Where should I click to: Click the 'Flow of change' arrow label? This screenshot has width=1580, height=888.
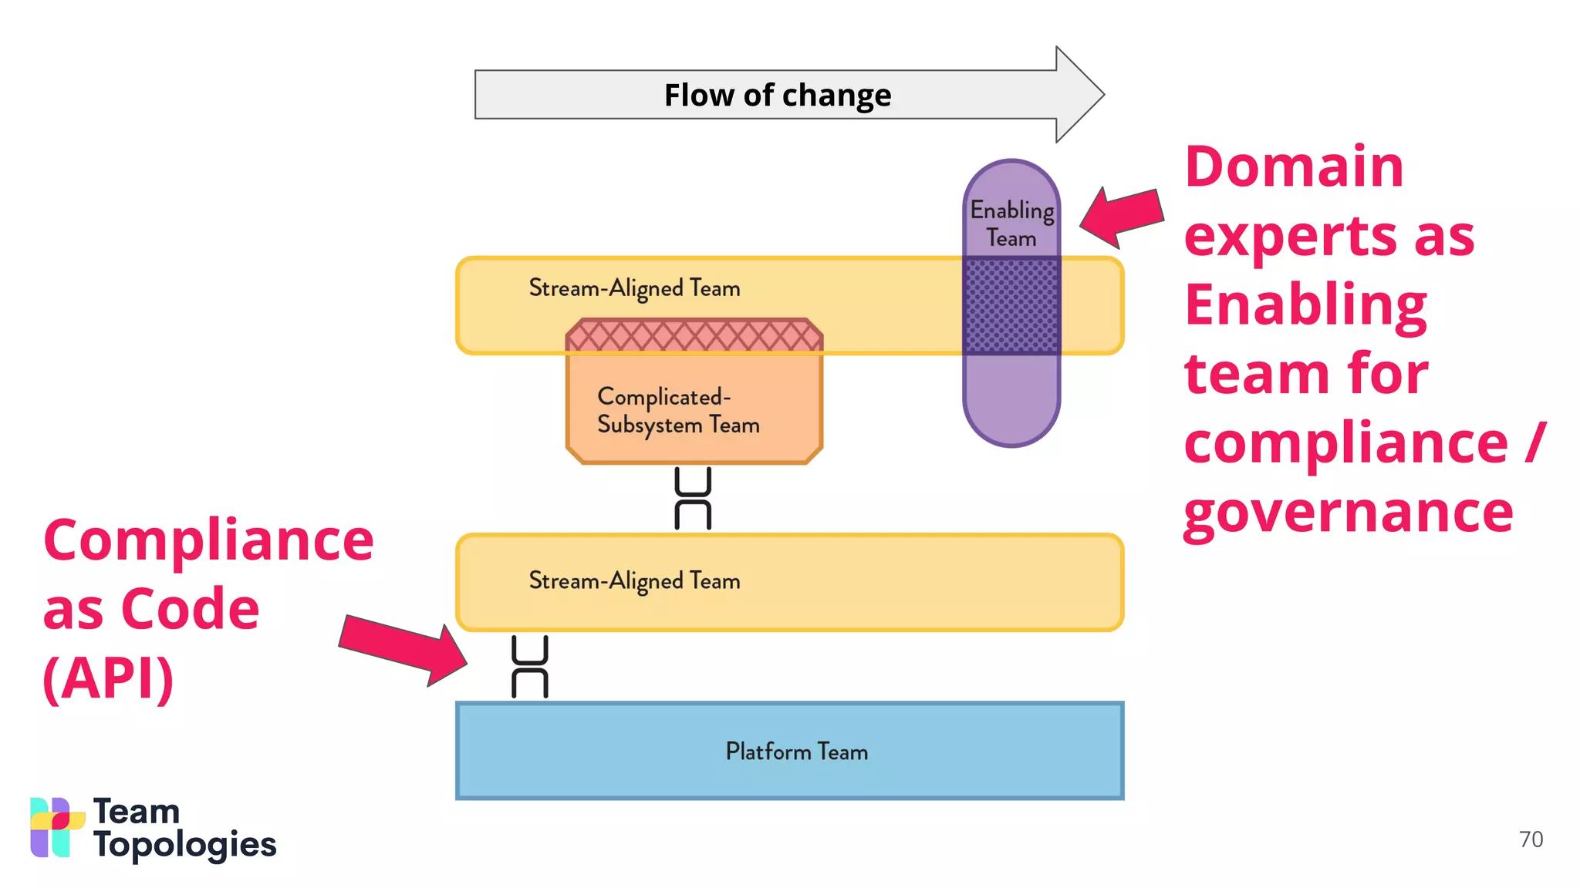(x=777, y=96)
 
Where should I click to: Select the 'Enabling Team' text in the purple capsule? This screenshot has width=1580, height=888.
(x=1011, y=224)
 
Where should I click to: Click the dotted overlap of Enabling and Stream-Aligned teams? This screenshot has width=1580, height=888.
(x=1011, y=306)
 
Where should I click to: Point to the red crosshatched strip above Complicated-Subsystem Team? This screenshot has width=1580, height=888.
(x=694, y=336)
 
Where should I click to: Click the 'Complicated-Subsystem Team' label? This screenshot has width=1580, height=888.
(x=677, y=411)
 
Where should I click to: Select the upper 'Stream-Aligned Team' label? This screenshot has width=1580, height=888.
(x=634, y=288)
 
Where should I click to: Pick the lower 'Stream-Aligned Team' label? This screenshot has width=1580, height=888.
(x=634, y=580)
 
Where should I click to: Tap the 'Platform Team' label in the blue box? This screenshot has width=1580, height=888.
(x=796, y=752)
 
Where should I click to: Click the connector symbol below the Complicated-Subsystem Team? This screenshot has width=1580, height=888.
(x=693, y=498)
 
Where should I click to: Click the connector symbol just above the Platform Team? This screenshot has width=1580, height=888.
(x=530, y=667)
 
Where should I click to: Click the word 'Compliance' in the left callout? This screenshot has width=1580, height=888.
(x=208, y=540)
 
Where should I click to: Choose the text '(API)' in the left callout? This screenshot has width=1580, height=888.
(x=108, y=678)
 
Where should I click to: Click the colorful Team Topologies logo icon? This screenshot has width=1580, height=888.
(x=56, y=827)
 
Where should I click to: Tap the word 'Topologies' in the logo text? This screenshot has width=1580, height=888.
(x=184, y=846)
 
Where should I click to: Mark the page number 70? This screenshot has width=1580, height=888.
(x=1531, y=839)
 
